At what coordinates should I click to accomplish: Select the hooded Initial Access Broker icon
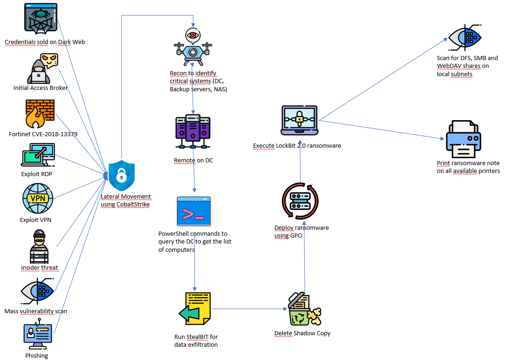[x=43, y=69]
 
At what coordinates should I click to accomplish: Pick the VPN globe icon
[x=38, y=199]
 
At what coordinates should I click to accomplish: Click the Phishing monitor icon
[x=37, y=337]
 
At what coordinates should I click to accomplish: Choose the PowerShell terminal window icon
[x=193, y=211]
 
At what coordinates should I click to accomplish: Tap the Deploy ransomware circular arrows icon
[x=300, y=201]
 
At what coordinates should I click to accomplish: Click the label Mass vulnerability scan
[x=36, y=311]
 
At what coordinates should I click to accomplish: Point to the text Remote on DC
[x=193, y=161]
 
